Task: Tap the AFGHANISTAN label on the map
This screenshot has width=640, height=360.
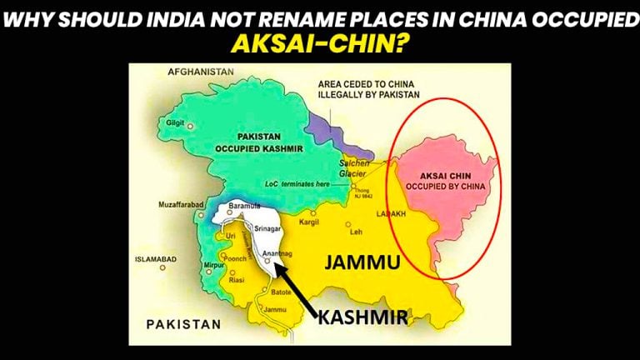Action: (x=201, y=72)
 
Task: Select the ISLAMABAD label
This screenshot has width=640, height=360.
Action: (x=156, y=259)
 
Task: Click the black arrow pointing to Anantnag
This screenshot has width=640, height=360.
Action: (x=294, y=283)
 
